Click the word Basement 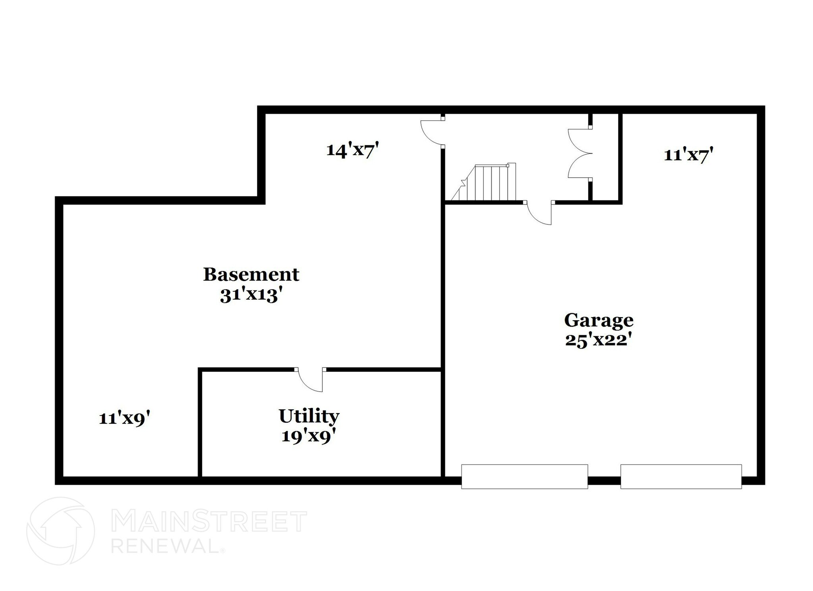(x=251, y=274)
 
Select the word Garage (x=599, y=320)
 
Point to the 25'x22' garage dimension (x=599, y=340)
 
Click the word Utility (x=309, y=416)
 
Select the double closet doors (x=580, y=153)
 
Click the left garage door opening (x=524, y=476)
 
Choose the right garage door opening (x=681, y=476)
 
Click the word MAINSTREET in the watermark (x=209, y=522)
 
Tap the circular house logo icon (x=60, y=531)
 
